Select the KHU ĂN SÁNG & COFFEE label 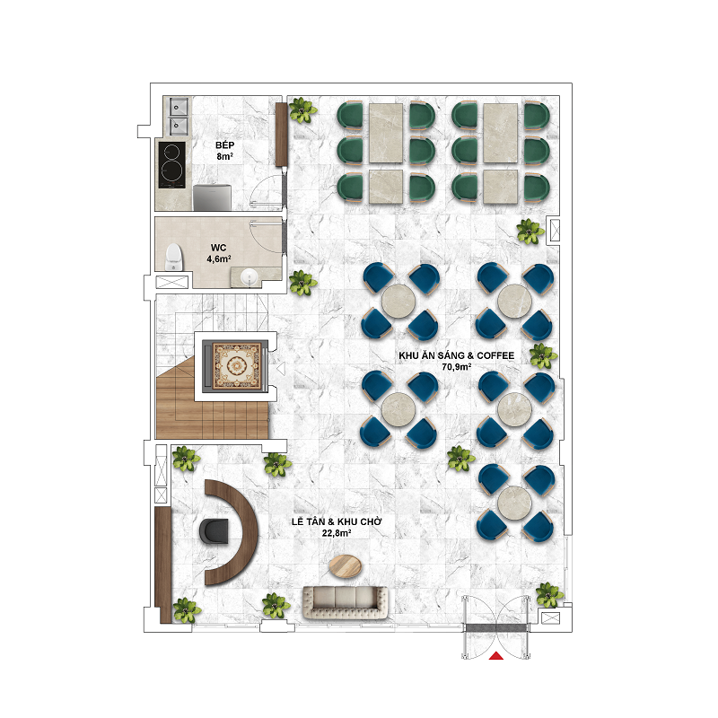[x=456, y=355]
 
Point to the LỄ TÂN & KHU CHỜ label [x=337, y=521]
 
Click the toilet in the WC [x=173, y=257]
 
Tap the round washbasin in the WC [x=250, y=276]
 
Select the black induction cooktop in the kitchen [x=171, y=165]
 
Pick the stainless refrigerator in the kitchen [x=212, y=197]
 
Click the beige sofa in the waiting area [x=346, y=601]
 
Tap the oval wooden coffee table [x=346, y=566]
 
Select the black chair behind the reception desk [x=215, y=531]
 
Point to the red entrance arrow [x=496, y=656]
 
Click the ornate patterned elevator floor [x=236, y=366]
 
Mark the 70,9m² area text [x=457, y=367]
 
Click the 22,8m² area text [x=337, y=533]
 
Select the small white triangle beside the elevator [x=281, y=368]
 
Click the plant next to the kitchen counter [x=302, y=109]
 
